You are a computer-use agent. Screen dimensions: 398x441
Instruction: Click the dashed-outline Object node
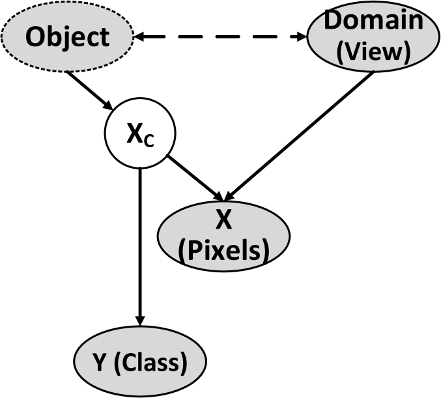tap(67, 37)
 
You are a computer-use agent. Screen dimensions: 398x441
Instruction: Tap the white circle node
tap(141, 135)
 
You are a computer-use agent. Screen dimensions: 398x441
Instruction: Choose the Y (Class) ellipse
tap(140, 362)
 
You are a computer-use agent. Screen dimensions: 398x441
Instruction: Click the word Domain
tap(374, 20)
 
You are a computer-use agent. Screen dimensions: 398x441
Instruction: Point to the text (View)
tap(374, 52)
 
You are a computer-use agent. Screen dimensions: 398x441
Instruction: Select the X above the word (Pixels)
tap(223, 221)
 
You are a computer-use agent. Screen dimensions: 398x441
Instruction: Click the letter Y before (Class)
tap(100, 362)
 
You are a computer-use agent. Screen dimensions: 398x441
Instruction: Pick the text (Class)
tap(150, 363)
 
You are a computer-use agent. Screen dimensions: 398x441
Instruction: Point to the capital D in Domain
tap(334, 20)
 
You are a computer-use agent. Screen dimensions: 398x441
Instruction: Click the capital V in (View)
tap(356, 52)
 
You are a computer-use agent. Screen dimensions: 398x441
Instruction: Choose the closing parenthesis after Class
tap(184, 363)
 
